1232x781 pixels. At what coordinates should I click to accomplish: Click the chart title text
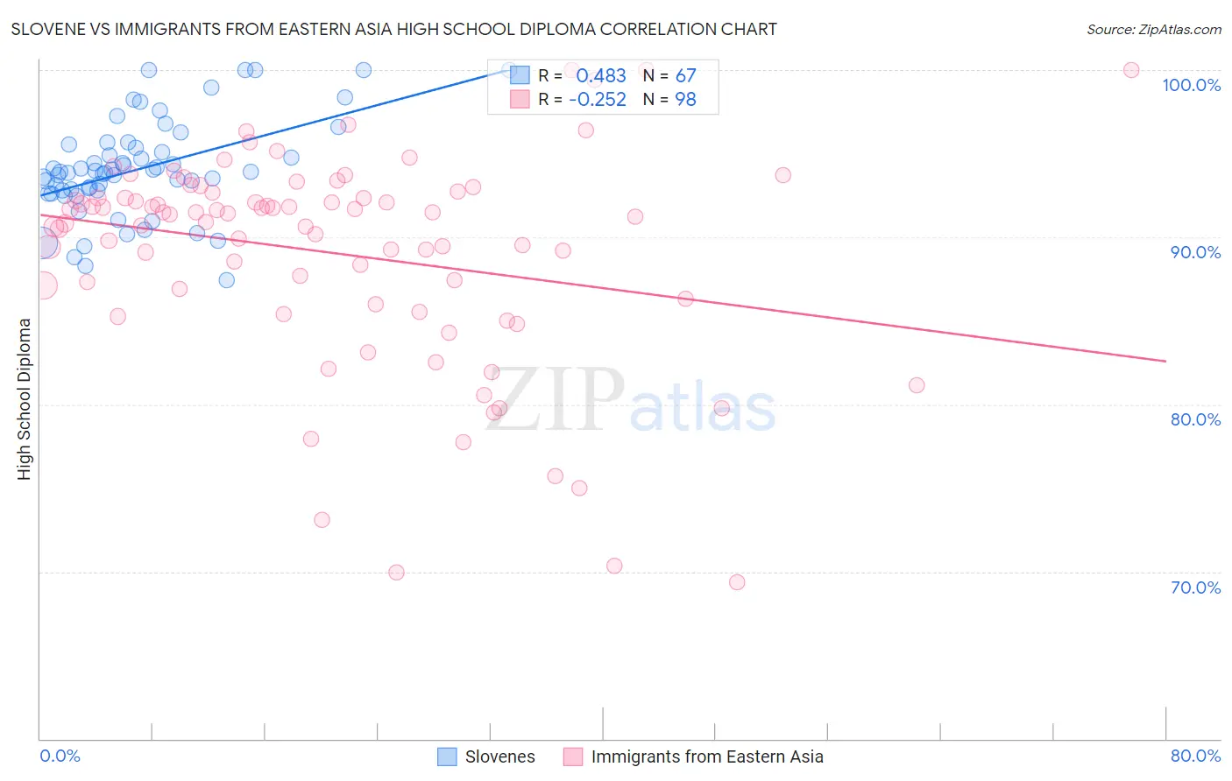click(x=393, y=29)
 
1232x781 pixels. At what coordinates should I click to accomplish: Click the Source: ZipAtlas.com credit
click(x=1153, y=29)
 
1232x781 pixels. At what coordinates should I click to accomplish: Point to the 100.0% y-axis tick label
click(x=1191, y=85)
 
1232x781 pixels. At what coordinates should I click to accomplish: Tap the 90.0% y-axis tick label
click(x=1195, y=252)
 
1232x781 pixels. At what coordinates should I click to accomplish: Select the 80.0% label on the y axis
click(x=1195, y=419)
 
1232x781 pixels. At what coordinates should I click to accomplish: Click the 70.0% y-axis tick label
click(x=1195, y=588)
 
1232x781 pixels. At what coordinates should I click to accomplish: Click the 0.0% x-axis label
click(x=60, y=756)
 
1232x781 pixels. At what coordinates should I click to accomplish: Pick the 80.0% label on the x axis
click(x=1195, y=756)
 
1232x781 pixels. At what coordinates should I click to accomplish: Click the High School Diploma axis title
click(x=25, y=398)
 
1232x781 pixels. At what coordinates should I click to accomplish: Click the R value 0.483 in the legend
click(x=601, y=76)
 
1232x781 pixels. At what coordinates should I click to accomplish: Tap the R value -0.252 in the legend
click(x=598, y=100)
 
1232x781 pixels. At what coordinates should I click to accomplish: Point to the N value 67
click(x=685, y=76)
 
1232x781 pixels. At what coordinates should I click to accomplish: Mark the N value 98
click(x=685, y=100)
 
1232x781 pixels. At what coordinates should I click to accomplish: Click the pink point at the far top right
click(x=1131, y=70)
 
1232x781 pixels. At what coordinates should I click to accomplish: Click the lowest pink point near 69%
click(x=737, y=582)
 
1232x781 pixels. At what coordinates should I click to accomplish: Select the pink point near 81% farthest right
click(x=917, y=385)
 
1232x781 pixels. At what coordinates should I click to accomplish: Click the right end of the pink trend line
click(x=1165, y=361)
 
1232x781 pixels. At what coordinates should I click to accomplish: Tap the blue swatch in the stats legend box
click(x=520, y=75)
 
